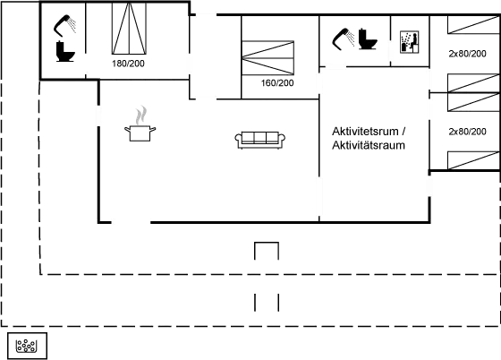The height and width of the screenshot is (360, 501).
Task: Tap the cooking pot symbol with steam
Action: (x=140, y=126)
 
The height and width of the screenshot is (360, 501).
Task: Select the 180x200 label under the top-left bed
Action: (x=128, y=64)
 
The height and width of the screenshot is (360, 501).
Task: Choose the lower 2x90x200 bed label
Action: (x=466, y=132)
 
